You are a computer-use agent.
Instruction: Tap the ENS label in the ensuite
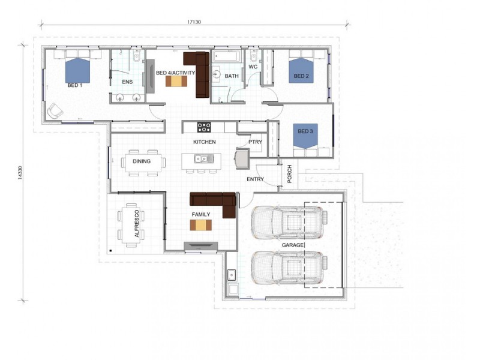click(x=127, y=81)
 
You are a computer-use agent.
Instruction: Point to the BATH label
click(x=232, y=76)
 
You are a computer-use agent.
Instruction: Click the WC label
click(x=253, y=67)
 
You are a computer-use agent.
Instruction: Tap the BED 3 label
click(x=305, y=131)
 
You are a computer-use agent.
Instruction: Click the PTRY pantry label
click(x=256, y=142)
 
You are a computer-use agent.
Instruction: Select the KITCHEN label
click(x=204, y=142)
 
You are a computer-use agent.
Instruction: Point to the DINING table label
click(x=142, y=161)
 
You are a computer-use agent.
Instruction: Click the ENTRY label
click(x=255, y=179)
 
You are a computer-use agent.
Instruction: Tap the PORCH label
click(x=289, y=174)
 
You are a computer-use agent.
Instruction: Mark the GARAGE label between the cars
click(x=293, y=245)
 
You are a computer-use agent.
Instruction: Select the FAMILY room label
click(x=200, y=214)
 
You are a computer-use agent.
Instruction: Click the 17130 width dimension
click(x=193, y=22)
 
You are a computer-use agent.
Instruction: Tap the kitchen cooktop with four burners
click(x=204, y=127)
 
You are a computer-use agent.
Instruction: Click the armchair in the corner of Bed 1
click(x=56, y=111)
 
